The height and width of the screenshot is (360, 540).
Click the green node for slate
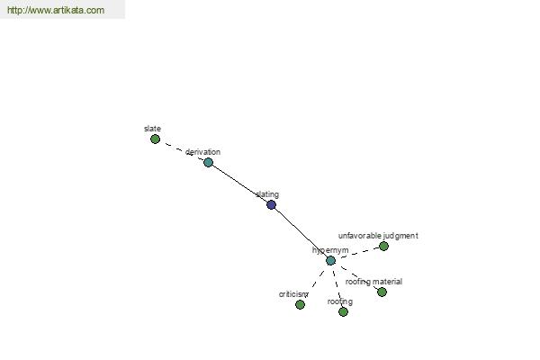pyautogui.click(x=156, y=139)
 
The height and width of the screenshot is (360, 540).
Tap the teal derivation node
pyautogui.click(x=209, y=162)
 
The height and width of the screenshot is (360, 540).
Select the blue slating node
pyautogui.click(x=272, y=205)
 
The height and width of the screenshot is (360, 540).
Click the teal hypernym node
pyautogui.click(x=330, y=260)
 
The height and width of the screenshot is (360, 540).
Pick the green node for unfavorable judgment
pyautogui.click(x=383, y=246)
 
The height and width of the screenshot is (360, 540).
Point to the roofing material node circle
pyautogui.click(x=382, y=292)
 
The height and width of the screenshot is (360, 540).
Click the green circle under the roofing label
pyautogui.click(x=343, y=312)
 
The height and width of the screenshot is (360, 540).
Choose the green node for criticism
pyautogui.click(x=300, y=304)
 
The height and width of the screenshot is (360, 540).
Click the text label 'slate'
pyautogui.click(x=153, y=129)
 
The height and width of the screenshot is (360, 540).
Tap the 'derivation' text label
pyautogui.click(x=202, y=152)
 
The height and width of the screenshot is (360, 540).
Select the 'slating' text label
pyautogui.click(x=267, y=194)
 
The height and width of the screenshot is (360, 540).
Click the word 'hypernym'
pyautogui.click(x=330, y=250)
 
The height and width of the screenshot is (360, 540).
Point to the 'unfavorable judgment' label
pyautogui.click(x=378, y=236)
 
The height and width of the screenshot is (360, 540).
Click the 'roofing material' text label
pyautogui.click(x=373, y=282)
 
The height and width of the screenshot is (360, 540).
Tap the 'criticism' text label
pyautogui.click(x=293, y=294)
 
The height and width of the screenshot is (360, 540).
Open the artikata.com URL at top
pyautogui.click(x=56, y=10)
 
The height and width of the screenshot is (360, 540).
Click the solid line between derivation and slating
pyautogui.click(x=239, y=184)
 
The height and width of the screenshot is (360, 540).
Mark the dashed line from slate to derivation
pyautogui.click(x=182, y=151)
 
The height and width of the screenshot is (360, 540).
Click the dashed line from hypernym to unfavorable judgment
pyautogui.click(x=357, y=253)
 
